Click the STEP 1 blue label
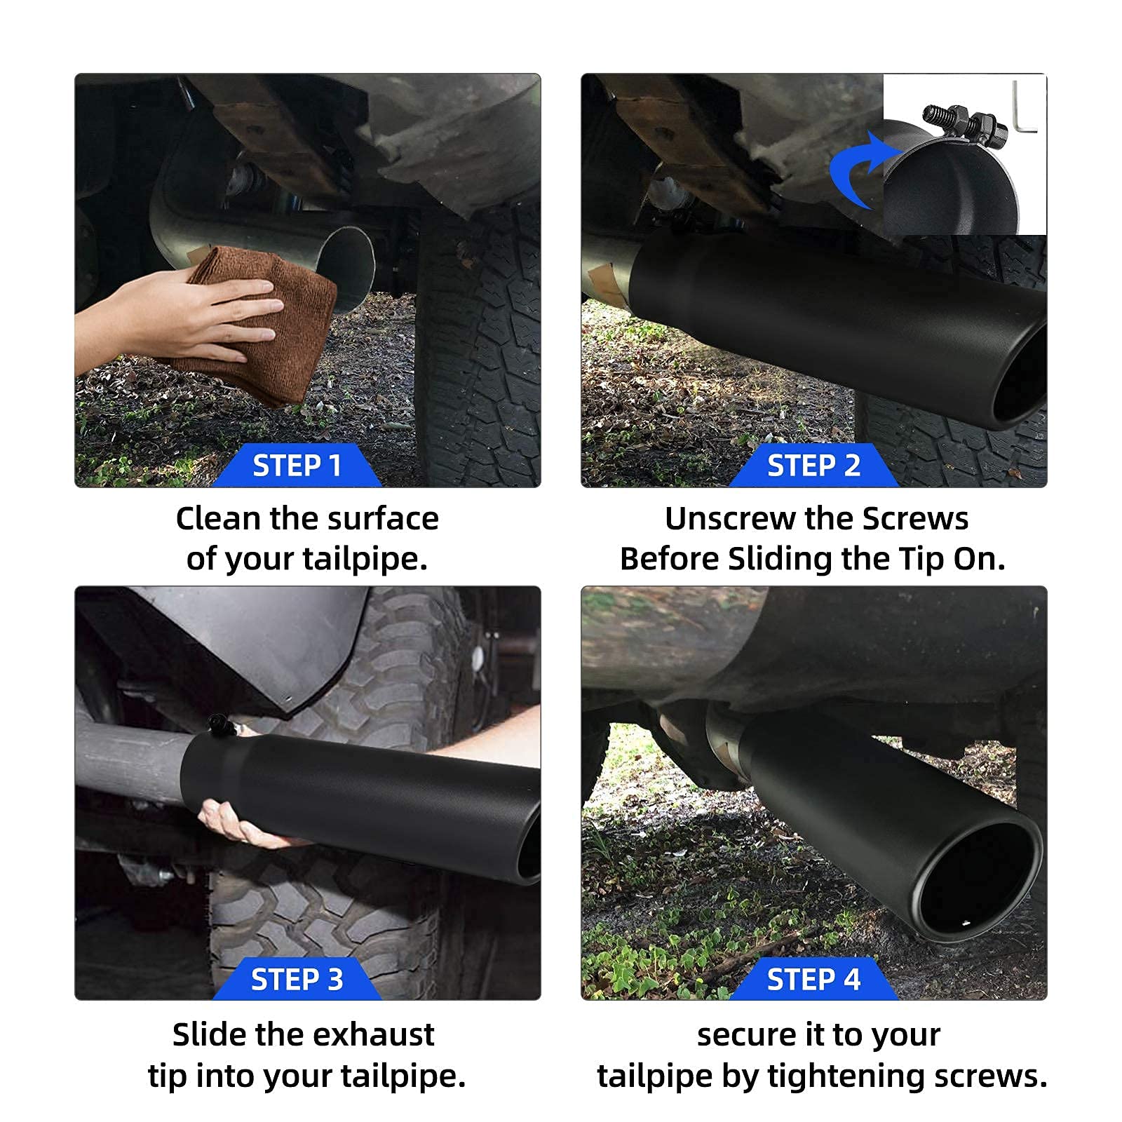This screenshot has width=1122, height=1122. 297,466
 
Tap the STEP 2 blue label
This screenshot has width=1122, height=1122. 813,466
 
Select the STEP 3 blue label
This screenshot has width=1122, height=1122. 297,979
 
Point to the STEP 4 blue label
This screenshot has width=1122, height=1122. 813,979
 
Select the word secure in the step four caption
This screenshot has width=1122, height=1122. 746,1035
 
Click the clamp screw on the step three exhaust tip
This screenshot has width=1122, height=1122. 219,724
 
